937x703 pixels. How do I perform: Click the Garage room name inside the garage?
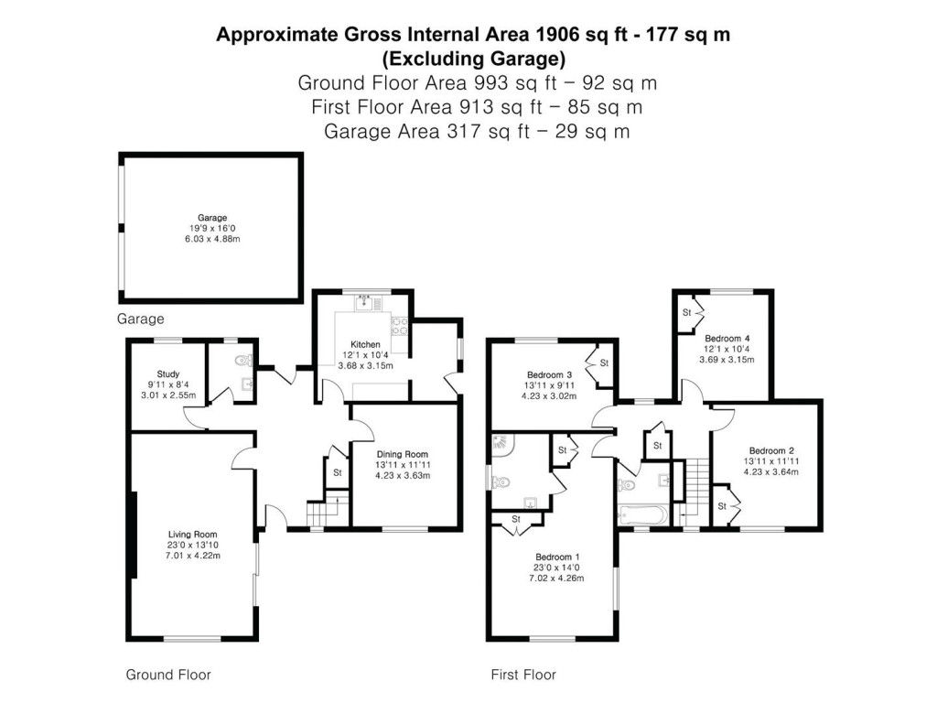coord(212,218)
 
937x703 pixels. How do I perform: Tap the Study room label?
coord(167,373)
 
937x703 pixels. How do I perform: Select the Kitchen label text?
coord(352,344)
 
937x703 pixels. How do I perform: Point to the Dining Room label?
coord(403,454)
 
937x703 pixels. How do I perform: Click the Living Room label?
coord(192,535)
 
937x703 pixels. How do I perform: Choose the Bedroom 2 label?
coord(771,450)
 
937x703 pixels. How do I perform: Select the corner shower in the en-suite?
coord(502,444)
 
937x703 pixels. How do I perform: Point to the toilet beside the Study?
coord(241,360)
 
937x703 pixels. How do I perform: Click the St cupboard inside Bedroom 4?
coord(686,313)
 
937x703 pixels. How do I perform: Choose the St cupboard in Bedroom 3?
coord(604,363)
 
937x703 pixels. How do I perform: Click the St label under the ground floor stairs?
coord(337,472)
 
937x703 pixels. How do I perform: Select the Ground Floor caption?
coord(168,675)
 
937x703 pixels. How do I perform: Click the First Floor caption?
coord(523,675)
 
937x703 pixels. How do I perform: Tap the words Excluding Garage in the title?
coord(473,59)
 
